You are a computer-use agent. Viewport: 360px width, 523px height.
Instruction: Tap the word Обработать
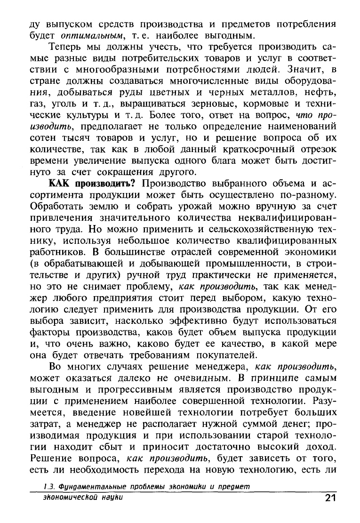(58, 209)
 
